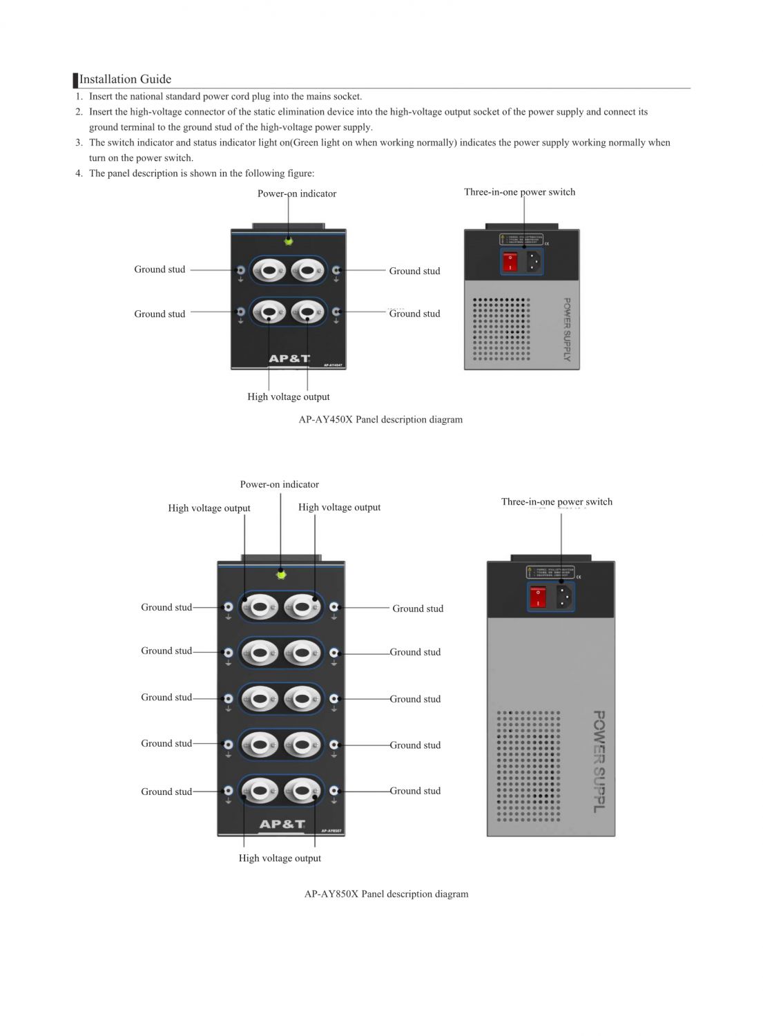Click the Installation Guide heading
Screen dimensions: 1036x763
pyautogui.click(x=125, y=79)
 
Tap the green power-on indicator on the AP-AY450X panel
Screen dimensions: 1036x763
pyautogui.click(x=289, y=241)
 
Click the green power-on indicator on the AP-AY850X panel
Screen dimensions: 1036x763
pyautogui.click(x=281, y=575)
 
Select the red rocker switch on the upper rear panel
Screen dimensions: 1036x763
pyautogui.click(x=510, y=262)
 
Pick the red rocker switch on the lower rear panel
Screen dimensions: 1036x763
pyautogui.click(x=538, y=597)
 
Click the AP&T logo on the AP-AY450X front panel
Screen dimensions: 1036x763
pyautogui.click(x=289, y=358)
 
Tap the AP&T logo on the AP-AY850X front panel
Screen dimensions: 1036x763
pyautogui.click(x=282, y=824)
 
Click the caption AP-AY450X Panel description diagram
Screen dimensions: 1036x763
pyautogui.click(x=380, y=419)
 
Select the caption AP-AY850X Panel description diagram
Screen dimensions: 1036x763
pyautogui.click(x=386, y=894)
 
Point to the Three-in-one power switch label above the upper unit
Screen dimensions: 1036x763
pyautogui.click(x=519, y=192)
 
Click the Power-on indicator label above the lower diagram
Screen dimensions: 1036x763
pyautogui.click(x=280, y=484)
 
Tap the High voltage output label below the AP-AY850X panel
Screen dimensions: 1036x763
pyautogui.click(x=280, y=858)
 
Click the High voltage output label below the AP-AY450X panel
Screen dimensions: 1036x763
pyautogui.click(x=289, y=396)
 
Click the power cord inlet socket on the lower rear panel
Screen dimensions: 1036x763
pyautogui.click(x=564, y=597)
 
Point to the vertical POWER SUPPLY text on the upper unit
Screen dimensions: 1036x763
pyautogui.click(x=567, y=329)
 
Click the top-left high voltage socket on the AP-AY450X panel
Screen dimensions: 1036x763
pyautogui.click(x=269, y=271)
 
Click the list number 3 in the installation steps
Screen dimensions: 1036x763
pyautogui.click(x=79, y=142)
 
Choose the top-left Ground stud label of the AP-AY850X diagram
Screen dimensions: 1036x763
pyautogui.click(x=166, y=607)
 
